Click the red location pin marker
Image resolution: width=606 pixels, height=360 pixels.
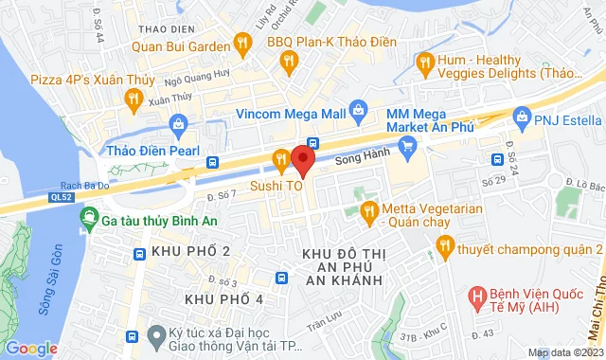(x=302, y=158)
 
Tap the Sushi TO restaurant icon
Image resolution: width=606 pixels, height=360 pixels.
(x=280, y=159)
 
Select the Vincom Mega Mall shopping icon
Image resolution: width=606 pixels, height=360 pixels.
(x=357, y=110)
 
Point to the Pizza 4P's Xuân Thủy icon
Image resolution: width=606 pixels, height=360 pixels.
(x=134, y=97)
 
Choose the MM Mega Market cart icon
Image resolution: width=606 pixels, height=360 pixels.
(x=408, y=145)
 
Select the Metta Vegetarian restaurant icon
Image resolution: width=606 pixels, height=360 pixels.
(x=369, y=209)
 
